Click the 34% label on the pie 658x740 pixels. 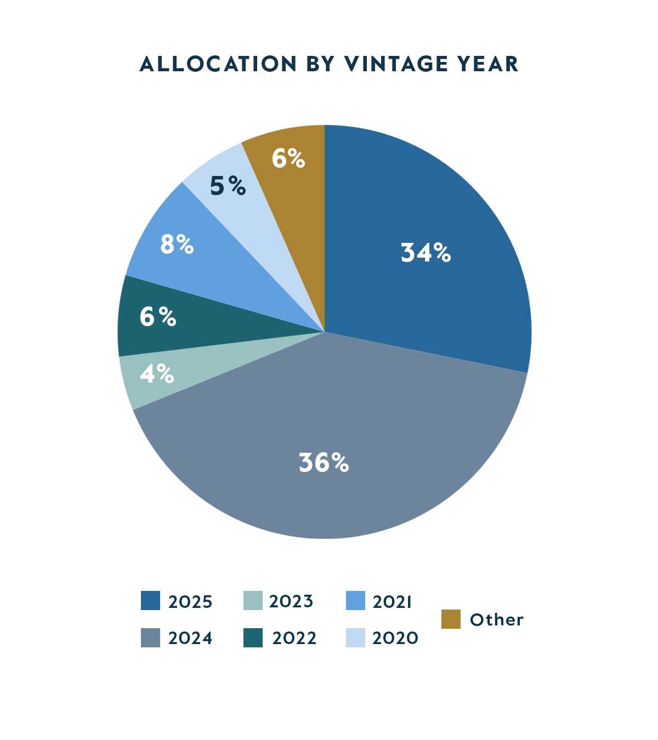[426, 253]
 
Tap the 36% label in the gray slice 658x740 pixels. [324, 463]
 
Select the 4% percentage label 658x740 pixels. [157, 374]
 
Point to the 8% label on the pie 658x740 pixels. [177, 244]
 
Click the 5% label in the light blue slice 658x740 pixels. [228, 186]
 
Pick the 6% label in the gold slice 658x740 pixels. [288, 159]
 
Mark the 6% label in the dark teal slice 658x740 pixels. [157, 317]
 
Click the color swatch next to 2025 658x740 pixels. [150, 601]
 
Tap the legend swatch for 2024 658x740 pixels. [150, 637]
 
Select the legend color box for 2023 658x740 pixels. [253, 601]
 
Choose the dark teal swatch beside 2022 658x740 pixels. [253, 637]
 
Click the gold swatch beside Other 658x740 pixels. [451, 619]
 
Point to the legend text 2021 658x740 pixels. [392, 602]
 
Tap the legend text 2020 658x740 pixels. [395, 639]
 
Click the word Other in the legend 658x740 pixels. [497, 620]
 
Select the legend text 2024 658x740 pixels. [190, 639]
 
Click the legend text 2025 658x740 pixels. [190, 602]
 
